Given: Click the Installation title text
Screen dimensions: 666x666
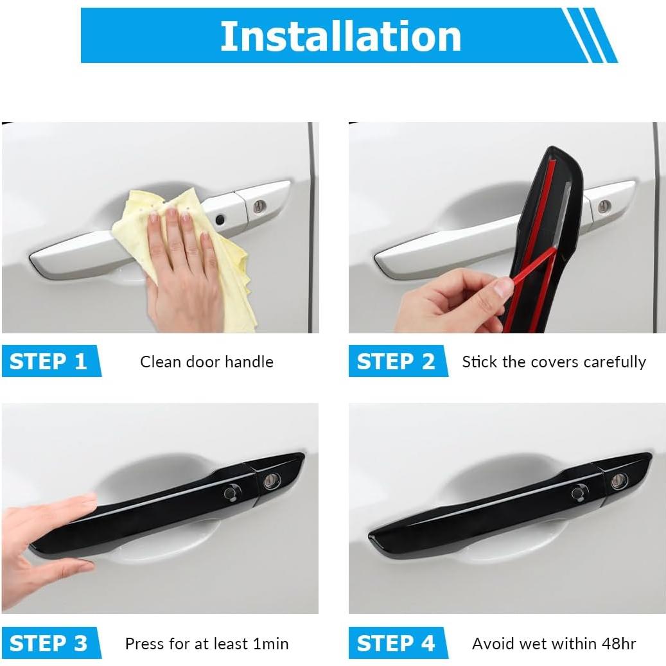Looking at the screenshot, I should [340, 36].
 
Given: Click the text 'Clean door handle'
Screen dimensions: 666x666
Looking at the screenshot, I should [207, 362].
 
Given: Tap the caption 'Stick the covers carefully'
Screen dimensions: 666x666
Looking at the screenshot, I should [554, 362].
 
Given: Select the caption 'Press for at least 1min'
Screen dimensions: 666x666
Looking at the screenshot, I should [207, 644].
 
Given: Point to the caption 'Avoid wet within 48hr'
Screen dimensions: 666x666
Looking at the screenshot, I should [554, 644].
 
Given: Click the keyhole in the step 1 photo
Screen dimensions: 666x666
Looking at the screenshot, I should [259, 206].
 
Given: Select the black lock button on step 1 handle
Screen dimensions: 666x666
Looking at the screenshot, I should [220, 220].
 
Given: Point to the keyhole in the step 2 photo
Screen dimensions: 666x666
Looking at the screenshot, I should [604, 206].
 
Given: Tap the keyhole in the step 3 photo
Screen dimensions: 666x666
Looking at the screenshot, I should [272, 480].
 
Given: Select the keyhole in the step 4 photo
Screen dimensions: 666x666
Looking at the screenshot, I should [619, 480].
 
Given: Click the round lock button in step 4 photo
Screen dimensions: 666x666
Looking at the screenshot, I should [580, 493].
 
